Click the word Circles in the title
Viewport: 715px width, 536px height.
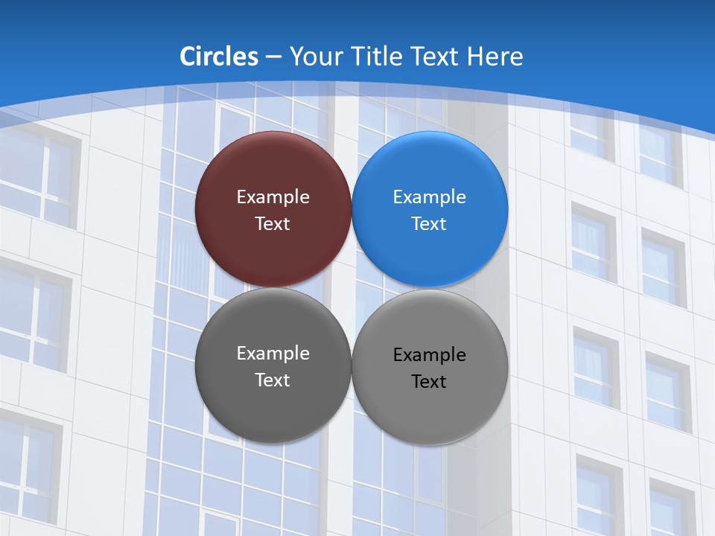click(219, 57)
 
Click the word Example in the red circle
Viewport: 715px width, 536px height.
click(273, 197)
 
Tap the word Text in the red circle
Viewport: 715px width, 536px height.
click(273, 224)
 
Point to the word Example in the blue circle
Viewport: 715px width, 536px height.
click(430, 197)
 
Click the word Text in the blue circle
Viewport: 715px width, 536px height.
click(430, 224)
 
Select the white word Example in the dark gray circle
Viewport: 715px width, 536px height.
click(273, 354)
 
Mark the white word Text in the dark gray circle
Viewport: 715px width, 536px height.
click(273, 380)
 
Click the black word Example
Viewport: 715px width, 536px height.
click(430, 355)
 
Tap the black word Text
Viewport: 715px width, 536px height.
click(430, 382)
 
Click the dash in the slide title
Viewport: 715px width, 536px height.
click(273, 57)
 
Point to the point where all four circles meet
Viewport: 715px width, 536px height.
click(352, 288)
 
